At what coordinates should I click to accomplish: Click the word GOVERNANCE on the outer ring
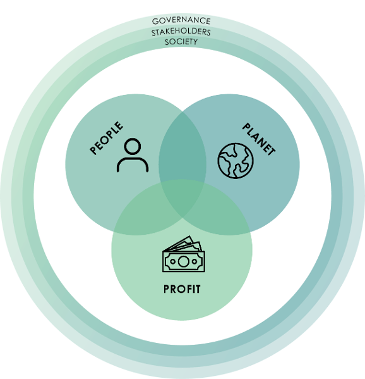(181, 21)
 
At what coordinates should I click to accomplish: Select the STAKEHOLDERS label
(181, 32)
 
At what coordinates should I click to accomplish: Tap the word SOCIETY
(181, 42)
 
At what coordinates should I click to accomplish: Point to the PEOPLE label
(106, 138)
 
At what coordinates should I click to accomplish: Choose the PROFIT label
(182, 289)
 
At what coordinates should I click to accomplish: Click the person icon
(133, 155)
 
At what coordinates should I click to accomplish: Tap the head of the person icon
(133, 146)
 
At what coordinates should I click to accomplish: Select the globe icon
(236, 161)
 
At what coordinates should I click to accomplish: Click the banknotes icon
(184, 254)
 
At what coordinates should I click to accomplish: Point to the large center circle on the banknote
(183, 261)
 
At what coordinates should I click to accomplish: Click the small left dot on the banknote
(172, 261)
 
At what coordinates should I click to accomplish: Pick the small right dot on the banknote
(194, 261)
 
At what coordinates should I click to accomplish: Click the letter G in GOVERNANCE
(155, 22)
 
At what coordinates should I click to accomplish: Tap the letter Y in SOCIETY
(194, 42)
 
